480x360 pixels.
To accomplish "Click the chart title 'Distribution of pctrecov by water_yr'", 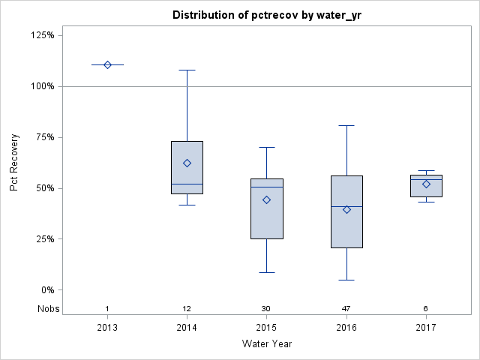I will [x=266, y=15].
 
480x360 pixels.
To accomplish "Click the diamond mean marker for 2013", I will [x=107, y=64].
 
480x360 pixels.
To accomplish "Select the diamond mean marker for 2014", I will [x=187, y=163].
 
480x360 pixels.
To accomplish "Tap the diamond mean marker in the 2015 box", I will [x=267, y=199].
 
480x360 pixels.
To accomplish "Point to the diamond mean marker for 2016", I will [x=346, y=209].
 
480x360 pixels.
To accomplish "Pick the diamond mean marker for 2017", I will [x=426, y=184].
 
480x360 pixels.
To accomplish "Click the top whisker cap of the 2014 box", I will [x=187, y=70].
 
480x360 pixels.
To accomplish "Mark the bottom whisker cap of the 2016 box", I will [x=346, y=280].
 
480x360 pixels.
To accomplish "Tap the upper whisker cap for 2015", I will [x=267, y=147].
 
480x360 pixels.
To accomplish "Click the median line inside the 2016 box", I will [x=346, y=206].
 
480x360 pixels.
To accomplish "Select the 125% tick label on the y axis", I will [x=42, y=35].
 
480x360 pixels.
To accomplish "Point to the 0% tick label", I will [x=47, y=290].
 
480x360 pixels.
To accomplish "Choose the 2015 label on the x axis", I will [x=267, y=327].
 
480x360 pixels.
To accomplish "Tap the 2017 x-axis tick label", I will [x=426, y=327].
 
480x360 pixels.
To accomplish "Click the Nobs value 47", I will [x=346, y=309].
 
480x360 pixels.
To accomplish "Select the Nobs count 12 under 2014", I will [x=187, y=309].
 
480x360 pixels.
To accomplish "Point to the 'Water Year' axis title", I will [x=266, y=343].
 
